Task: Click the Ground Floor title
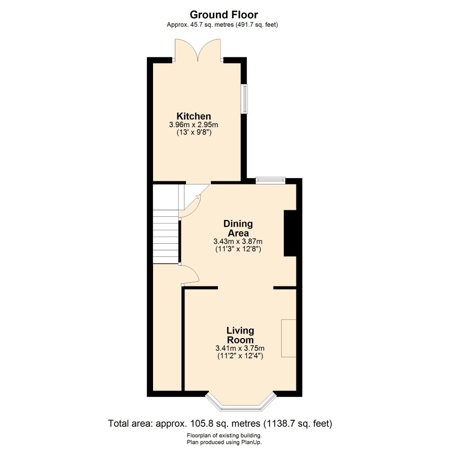(223, 14)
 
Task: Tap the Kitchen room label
(194, 116)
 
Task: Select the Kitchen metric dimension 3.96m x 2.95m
(194, 125)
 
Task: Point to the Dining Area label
(238, 228)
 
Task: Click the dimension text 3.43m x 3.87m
(238, 241)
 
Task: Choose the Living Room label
(240, 335)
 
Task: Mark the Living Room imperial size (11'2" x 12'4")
(240, 356)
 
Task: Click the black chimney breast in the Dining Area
(290, 234)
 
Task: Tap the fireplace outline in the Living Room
(289, 338)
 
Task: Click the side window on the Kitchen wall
(244, 99)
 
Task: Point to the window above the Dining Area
(271, 180)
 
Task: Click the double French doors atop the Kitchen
(198, 50)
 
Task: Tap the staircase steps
(166, 237)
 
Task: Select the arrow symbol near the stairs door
(198, 197)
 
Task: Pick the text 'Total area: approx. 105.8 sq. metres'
(184, 423)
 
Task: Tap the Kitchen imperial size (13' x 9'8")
(194, 133)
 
